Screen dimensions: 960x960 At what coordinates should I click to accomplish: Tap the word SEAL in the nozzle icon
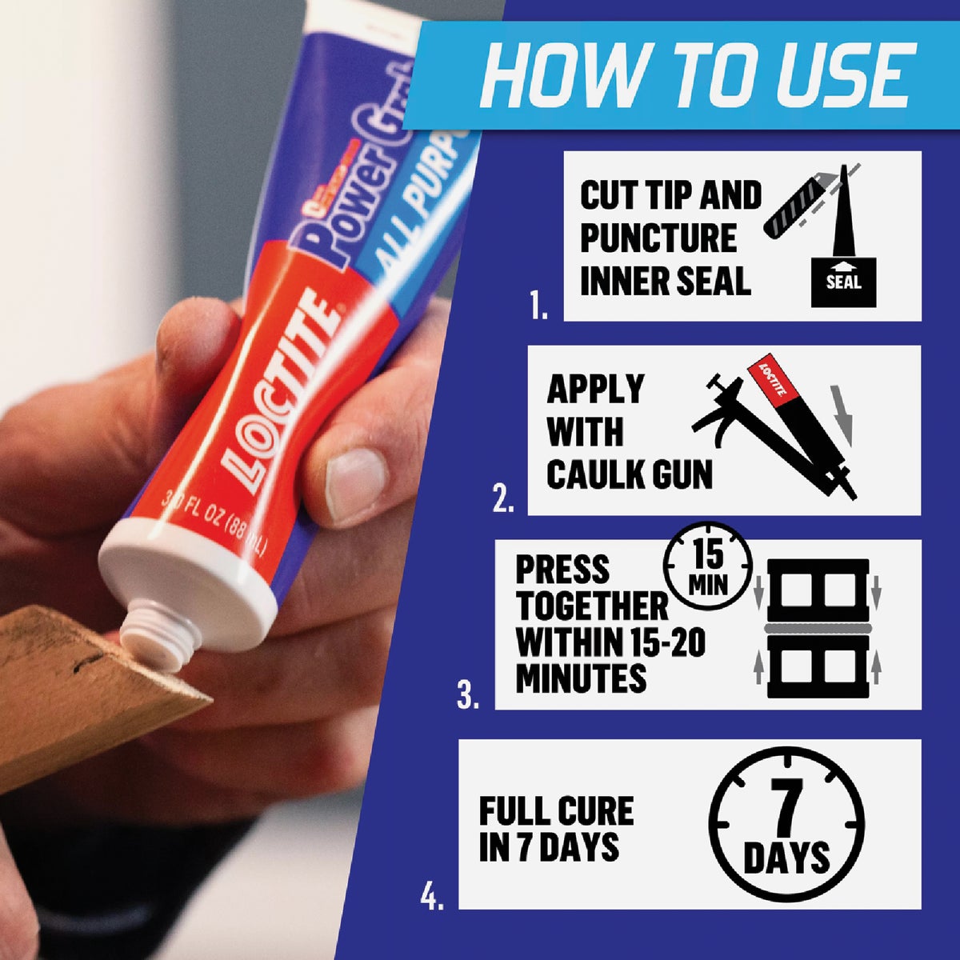pos(843,282)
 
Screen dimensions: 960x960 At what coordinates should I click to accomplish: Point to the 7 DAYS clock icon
pos(788,825)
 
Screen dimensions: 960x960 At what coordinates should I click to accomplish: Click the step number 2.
pos(503,501)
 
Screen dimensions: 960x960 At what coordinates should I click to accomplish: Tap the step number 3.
pos(469,695)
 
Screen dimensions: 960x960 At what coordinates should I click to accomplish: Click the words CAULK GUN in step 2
pos(629,475)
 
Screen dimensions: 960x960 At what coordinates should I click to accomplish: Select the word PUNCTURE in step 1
pos(658,238)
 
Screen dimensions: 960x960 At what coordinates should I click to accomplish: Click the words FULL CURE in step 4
pos(556,811)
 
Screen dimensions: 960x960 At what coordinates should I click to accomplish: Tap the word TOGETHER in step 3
pos(591,606)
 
